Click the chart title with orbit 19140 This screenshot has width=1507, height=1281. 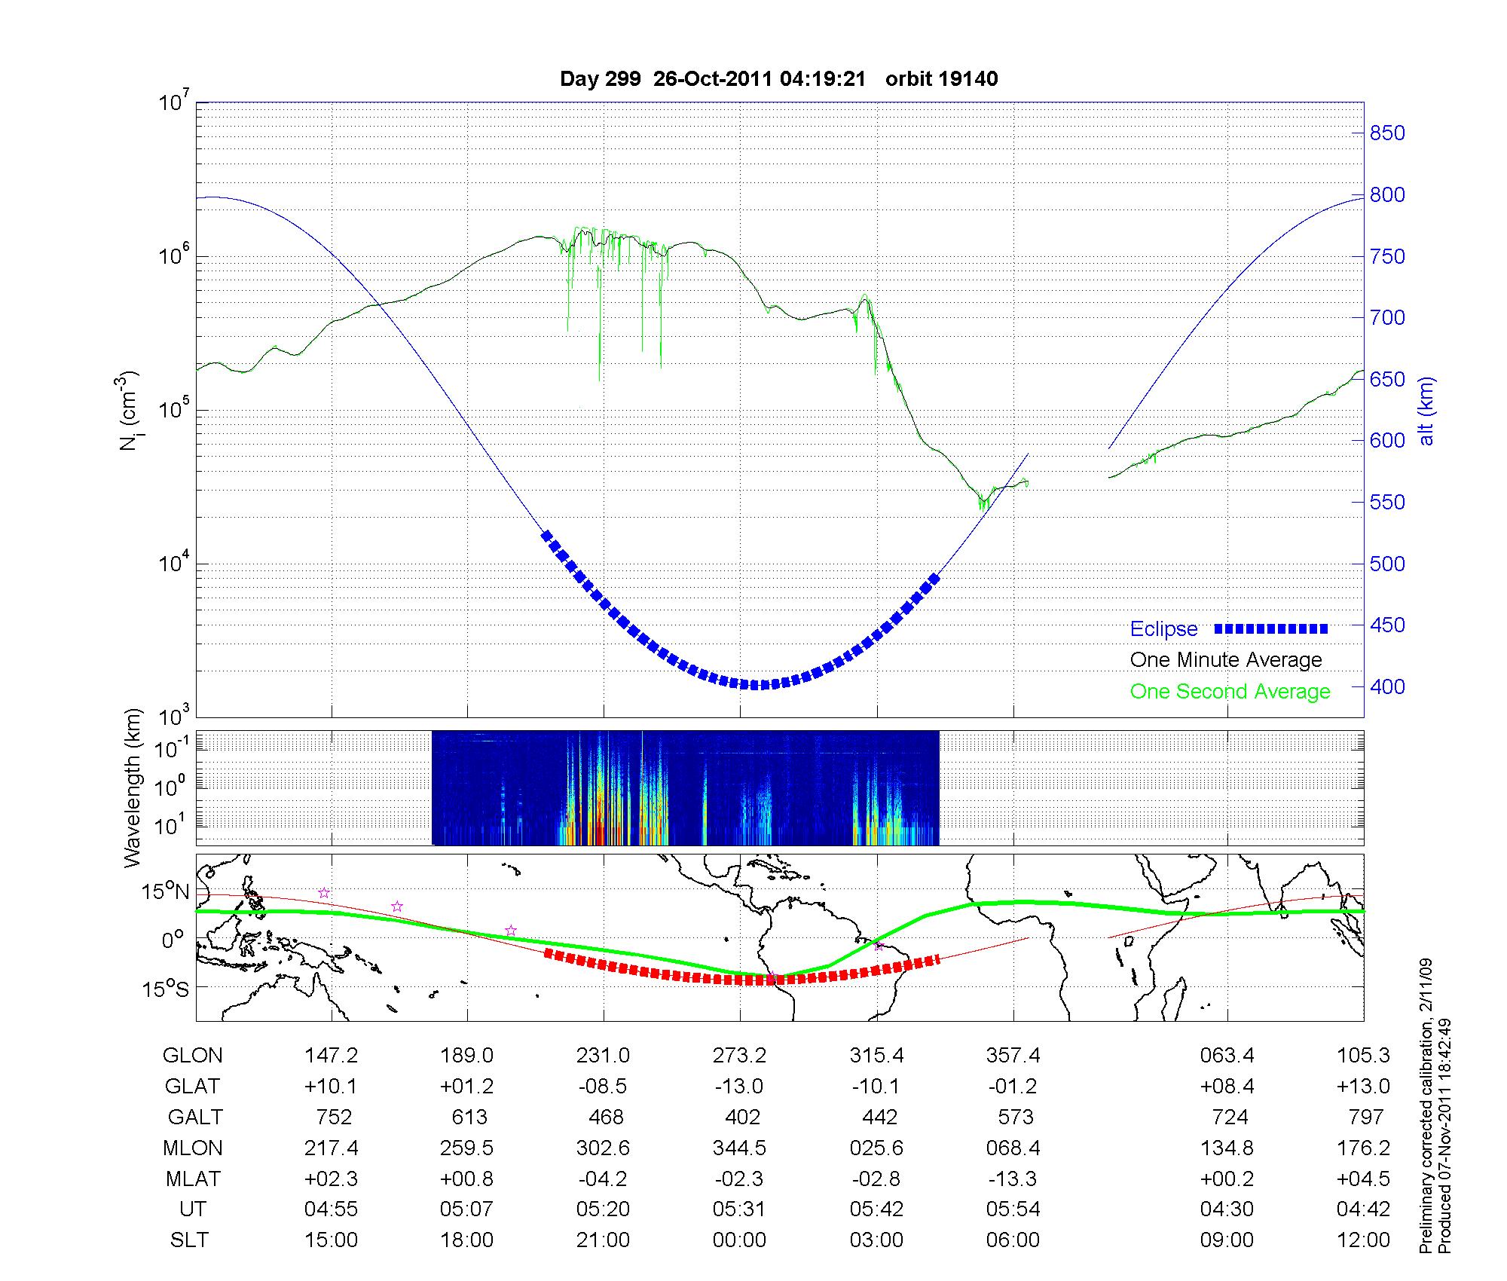click(778, 79)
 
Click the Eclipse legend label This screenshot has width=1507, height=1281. click(1163, 629)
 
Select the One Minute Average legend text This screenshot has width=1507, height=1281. click(1226, 660)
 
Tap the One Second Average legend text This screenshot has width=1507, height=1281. click(1230, 692)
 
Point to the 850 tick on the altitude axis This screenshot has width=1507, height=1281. click(1386, 133)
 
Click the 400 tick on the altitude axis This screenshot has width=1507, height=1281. click(1386, 686)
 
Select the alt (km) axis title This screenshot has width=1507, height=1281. click(1427, 411)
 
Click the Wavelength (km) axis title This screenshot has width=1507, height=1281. click(133, 787)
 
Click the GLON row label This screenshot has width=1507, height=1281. click(192, 1056)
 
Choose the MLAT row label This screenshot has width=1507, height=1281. click(192, 1179)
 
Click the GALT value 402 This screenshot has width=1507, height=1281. click(741, 1117)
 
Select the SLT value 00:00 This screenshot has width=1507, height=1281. click(739, 1240)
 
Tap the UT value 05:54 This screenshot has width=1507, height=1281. click(1013, 1209)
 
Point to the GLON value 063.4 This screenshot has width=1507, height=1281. click(1227, 1056)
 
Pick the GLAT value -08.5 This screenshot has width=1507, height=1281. click(603, 1087)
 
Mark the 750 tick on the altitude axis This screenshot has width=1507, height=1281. click(1386, 257)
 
